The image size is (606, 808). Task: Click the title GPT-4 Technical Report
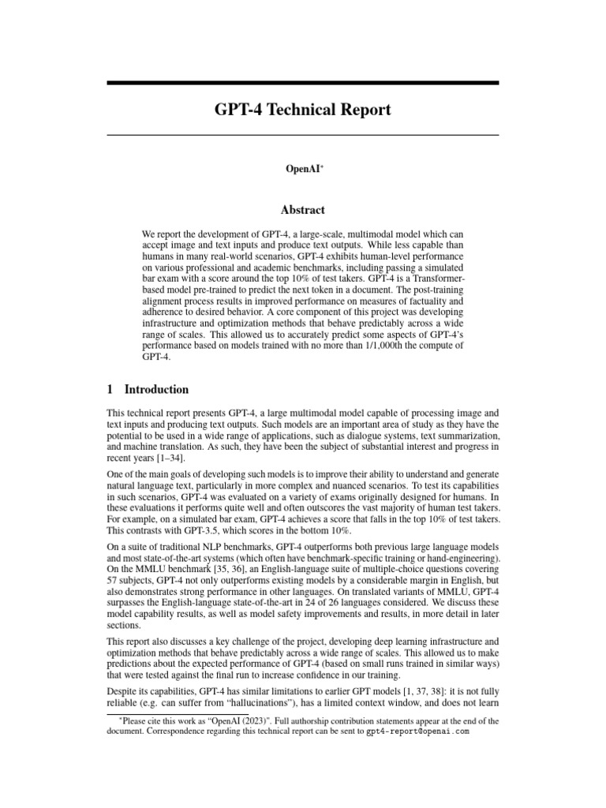click(x=302, y=110)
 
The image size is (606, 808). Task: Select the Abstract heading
click(x=302, y=210)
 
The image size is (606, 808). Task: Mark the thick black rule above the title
click(x=302, y=83)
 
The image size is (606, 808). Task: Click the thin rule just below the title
click(x=302, y=135)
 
